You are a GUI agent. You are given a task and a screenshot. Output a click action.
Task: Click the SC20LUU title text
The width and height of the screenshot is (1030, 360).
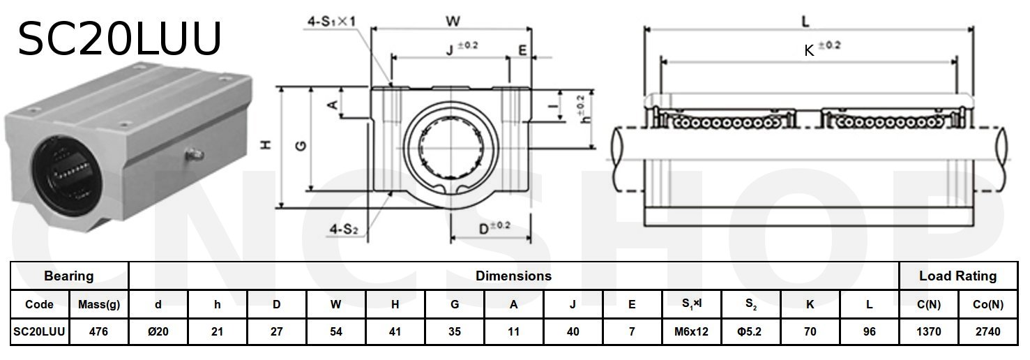tap(119, 38)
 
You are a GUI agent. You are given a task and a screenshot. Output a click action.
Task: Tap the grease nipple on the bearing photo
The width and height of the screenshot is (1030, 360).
tap(193, 157)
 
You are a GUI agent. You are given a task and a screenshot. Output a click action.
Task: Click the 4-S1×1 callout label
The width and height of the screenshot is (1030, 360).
tap(333, 22)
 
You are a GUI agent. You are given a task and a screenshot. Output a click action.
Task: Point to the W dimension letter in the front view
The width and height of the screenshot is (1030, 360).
tap(452, 21)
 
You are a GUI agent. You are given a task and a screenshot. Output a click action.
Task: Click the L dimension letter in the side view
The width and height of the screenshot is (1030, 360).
tap(805, 22)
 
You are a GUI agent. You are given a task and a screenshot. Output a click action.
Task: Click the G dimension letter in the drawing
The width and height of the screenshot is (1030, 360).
tap(301, 145)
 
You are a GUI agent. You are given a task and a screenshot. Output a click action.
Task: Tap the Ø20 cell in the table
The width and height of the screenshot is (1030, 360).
tap(159, 332)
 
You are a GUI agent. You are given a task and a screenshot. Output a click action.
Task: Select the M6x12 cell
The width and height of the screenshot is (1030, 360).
tap(691, 332)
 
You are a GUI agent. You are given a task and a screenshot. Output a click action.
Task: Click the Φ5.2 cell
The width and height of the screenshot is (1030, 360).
tap(750, 332)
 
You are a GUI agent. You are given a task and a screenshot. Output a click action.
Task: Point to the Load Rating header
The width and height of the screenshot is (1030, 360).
tap(957, 276)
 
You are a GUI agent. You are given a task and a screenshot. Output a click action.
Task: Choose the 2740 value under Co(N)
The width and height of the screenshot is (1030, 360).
tap(987, 332)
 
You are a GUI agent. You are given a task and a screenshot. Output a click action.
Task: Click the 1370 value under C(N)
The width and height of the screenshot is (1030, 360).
tap(927, 332)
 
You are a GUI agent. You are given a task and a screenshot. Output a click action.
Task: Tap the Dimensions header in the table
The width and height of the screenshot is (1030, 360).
tap(513, 276)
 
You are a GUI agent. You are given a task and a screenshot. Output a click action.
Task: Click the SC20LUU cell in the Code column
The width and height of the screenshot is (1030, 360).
tap(40, 332)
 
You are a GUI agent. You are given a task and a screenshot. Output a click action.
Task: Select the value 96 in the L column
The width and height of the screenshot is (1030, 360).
tap(869, 332)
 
